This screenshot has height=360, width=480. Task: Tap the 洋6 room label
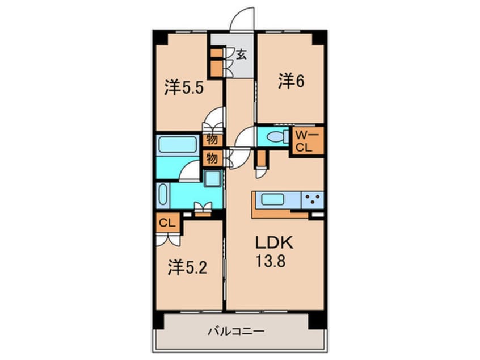pos(291,81)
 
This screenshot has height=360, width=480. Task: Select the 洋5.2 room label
pos(187,267)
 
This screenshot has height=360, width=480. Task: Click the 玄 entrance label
pos(242,55)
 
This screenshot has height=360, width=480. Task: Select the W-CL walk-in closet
pos(308,140)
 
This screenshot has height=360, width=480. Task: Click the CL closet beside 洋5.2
pos(167,222)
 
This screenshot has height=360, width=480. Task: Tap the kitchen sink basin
pos(275,199)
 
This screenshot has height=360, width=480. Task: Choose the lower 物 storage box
pos(212,157)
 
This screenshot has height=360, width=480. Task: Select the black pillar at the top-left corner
pos(160,37)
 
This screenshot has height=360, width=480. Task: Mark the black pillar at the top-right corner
pos(318,37)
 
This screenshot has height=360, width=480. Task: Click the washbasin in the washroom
pos(214,179)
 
